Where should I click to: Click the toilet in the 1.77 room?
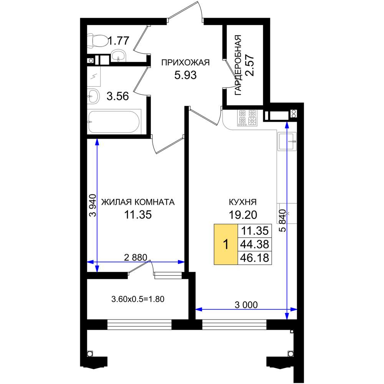(98, 40)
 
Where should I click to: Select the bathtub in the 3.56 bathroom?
(114, 122)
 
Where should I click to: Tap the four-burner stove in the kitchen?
(247, 118)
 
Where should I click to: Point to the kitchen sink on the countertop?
(287, 141)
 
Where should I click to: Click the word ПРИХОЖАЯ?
(185, 63)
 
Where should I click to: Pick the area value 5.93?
(185, 75)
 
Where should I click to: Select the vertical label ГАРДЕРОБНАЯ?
(238, 65)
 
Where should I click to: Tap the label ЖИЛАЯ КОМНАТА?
(138, 202)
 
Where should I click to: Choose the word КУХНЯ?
(243, 202)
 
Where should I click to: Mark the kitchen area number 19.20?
(243, 215)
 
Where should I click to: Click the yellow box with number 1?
(226, 244)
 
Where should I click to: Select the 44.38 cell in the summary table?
(255, 244)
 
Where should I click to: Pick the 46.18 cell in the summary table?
(255, 258)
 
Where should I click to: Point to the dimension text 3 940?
(93, 205)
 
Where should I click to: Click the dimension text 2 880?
(136, 257)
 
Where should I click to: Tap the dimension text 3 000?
(246, 305)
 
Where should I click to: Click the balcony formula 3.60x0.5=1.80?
(138, 299)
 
